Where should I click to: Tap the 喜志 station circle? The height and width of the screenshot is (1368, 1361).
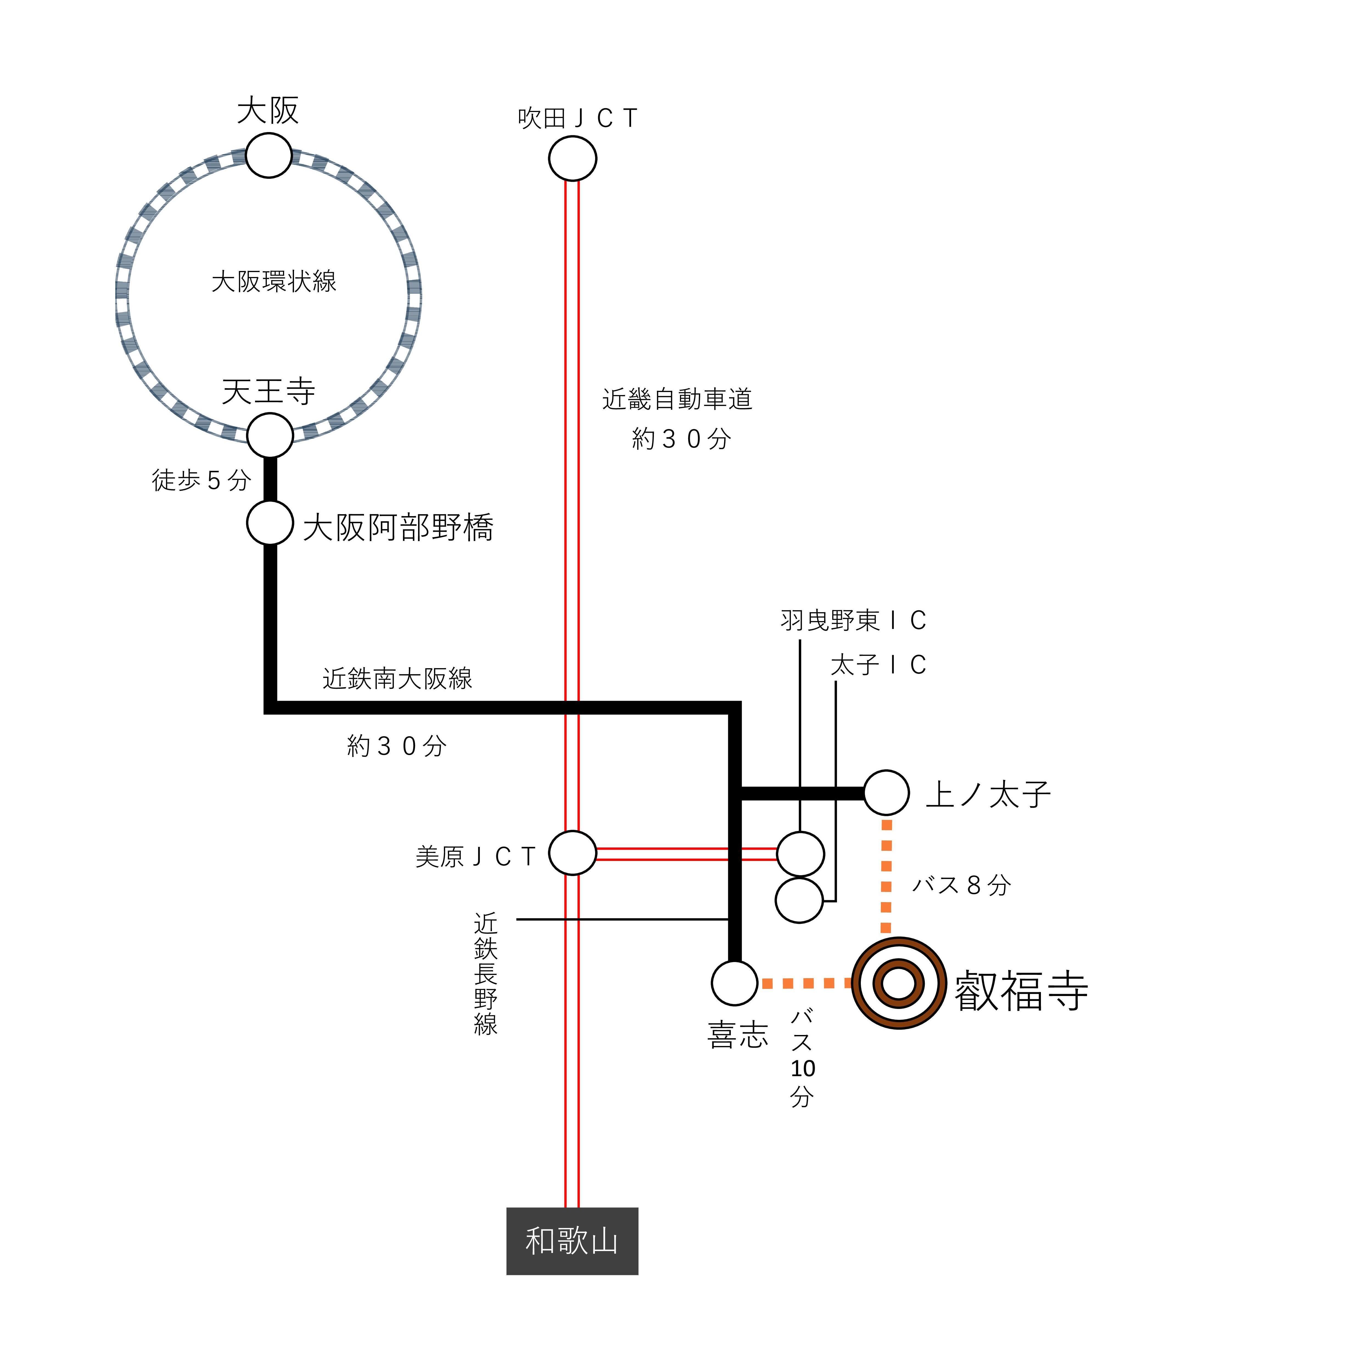[734, 983]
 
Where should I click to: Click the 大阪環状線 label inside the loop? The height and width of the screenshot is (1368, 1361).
[274, 281]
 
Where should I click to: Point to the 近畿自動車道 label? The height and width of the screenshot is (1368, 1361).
[677, 399]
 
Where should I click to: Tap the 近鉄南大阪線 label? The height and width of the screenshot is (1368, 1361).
[397, 678]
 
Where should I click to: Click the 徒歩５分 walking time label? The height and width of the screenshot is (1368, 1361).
[201, 480]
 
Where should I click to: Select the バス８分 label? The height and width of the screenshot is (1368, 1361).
[961, 884]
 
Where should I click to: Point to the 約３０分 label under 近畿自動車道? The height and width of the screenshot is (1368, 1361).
[680, 439]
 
